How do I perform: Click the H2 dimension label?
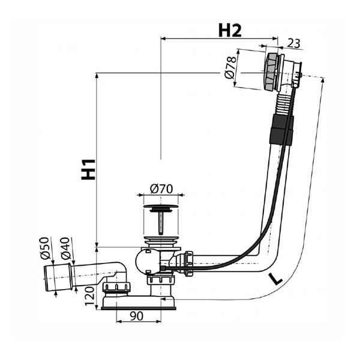230,31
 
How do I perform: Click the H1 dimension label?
88,169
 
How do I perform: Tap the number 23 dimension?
293,43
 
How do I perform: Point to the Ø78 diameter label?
230,67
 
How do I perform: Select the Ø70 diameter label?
161,189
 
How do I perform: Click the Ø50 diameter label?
45,248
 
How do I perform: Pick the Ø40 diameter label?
65,248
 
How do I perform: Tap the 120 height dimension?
89,296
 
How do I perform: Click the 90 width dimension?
137,316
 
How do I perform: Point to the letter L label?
276,279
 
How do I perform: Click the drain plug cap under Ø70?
161,206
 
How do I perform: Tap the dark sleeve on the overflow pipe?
281,130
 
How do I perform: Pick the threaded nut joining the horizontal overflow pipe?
188,263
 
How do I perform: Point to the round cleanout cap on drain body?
142,262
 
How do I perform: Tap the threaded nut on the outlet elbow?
116,287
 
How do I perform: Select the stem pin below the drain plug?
161,223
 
